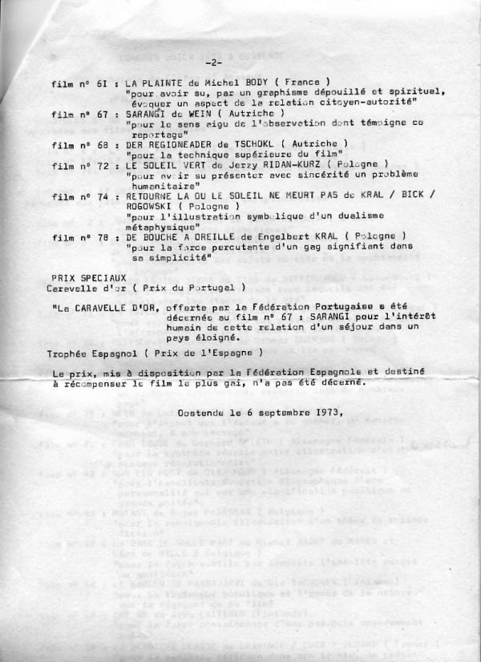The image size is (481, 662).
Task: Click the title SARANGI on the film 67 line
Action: coord(150,114)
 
